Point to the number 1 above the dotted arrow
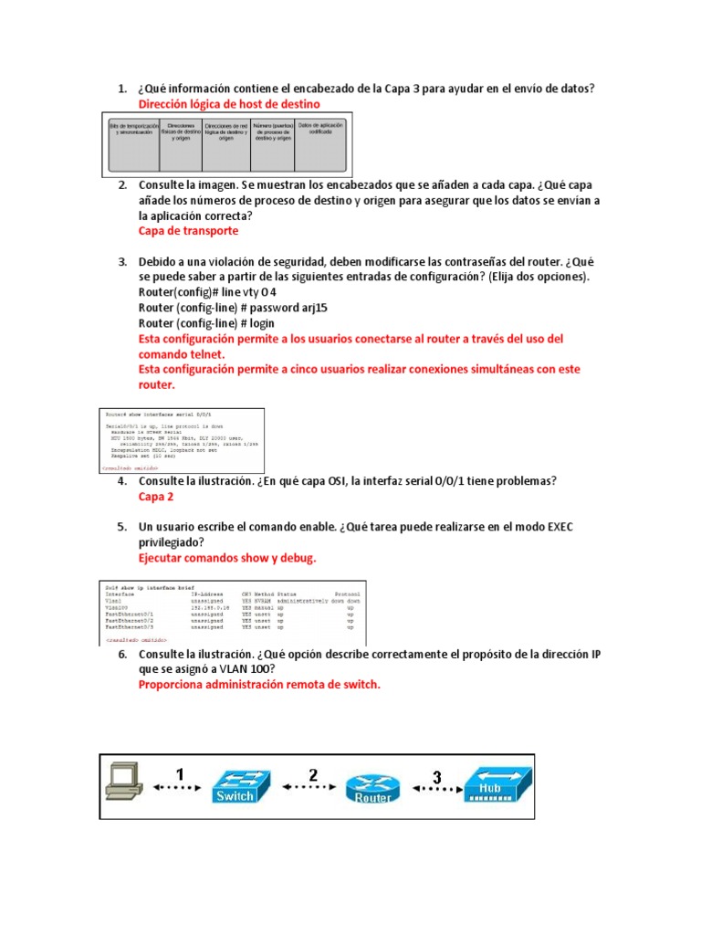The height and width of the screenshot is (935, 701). [x=180, y=774]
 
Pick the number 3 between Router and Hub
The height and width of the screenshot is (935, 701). [x=436, y=777]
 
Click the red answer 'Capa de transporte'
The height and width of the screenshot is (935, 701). [x=188, y=231]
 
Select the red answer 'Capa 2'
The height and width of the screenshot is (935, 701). [x=155, y=497]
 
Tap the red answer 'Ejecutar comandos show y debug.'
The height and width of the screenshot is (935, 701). [x=227, y=557]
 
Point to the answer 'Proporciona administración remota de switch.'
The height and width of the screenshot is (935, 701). [x=258, y=685]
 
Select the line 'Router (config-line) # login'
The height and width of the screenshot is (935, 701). [x=206, y=323]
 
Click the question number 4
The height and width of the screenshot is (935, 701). [x=121, y=481]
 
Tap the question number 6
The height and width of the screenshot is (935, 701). [x=121, y=655]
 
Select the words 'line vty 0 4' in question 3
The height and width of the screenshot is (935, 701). [x=244, y=292]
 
